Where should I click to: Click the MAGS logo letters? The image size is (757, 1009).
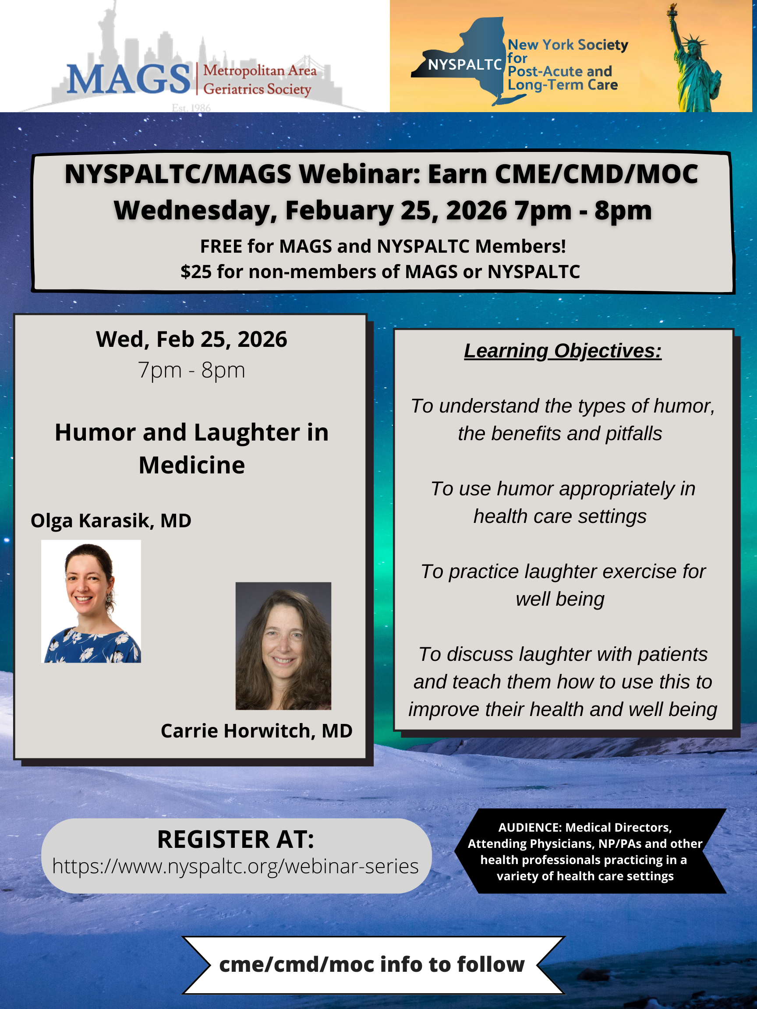coord(128,79)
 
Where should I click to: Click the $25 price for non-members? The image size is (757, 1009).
coord(196,272)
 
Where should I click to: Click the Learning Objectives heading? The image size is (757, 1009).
coord(562,351)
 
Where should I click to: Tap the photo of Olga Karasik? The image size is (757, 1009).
coord(91,601)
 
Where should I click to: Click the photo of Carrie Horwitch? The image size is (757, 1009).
coord(283,646)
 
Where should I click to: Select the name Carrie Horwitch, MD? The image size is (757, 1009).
coord(256,731)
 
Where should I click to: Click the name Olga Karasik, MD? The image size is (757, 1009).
coord(111,520)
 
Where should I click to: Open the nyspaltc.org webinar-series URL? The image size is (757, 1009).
coord(235,866)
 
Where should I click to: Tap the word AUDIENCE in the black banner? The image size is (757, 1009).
coord(530,827)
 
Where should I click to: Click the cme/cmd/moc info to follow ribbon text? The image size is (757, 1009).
coord(372,964)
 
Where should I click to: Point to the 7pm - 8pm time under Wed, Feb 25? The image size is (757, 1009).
coord(191,370)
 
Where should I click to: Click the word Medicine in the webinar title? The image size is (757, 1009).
coord(191,465)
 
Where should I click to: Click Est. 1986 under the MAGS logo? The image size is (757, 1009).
coord(191,108)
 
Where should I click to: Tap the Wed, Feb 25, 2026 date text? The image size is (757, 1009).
coord(191,339)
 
